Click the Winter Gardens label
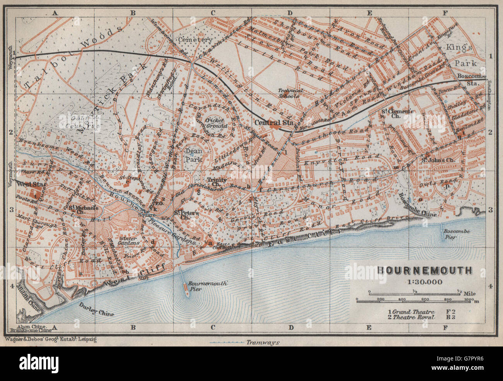pyautogui.click(x=129, y=241)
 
